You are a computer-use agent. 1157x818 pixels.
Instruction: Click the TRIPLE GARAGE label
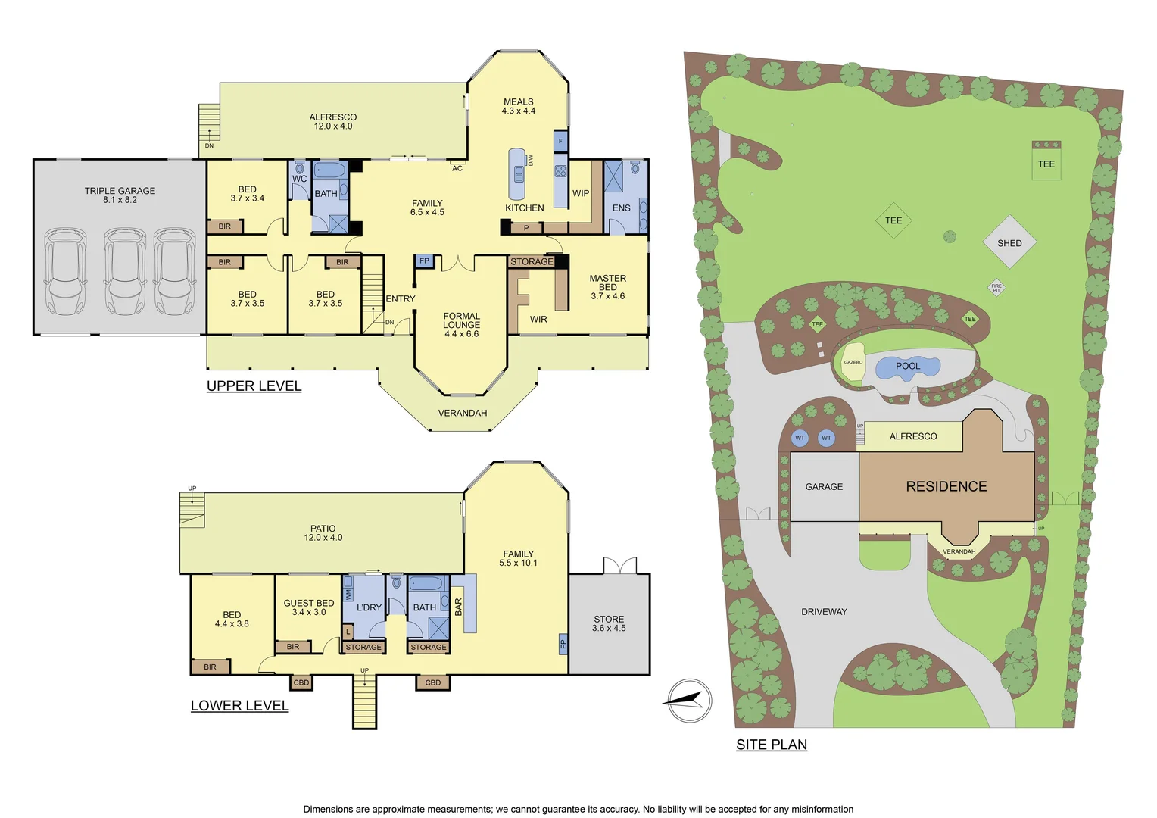coord(120,195)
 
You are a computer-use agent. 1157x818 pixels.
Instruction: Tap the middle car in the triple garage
coord(125,272)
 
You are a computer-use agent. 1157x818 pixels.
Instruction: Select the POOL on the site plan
coord(908,367)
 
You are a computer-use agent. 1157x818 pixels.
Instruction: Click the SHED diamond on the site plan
coord(1009,242)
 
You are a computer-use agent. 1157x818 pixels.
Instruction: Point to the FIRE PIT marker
coord(996,288)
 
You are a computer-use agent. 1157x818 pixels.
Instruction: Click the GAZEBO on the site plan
coord(853,363)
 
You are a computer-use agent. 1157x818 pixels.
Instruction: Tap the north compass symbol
coord(688,701)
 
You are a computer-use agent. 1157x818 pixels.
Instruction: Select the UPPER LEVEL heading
coord(254,386)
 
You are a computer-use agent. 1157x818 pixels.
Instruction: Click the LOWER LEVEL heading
coord(239,706)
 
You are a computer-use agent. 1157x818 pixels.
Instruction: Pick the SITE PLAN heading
coord(771,745)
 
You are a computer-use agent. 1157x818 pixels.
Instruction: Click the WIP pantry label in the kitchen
coord(581,193)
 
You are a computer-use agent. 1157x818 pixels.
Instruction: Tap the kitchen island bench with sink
coord(518,174)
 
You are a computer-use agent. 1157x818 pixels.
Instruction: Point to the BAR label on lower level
coord(458,607)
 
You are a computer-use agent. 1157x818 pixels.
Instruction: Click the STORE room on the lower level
coord(609,623)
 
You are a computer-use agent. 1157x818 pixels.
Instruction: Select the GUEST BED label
coord(309,607)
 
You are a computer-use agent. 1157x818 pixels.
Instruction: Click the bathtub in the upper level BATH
coord(329,170)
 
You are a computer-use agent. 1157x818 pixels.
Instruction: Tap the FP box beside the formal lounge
coord(424,261)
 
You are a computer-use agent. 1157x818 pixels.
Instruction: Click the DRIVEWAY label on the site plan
coord(824,611)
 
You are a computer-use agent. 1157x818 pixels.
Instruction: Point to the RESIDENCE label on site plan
coord(946,486)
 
